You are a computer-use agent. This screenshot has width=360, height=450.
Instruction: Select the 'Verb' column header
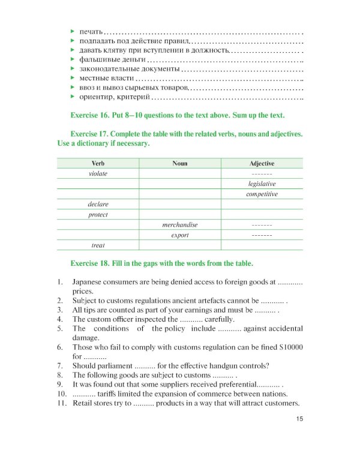tap(98, 163)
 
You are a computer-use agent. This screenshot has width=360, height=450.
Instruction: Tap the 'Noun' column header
tap(179, 163)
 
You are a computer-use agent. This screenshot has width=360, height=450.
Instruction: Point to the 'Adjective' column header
tap(262, 163)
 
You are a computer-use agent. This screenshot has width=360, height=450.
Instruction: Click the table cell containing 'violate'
tap(98, 173)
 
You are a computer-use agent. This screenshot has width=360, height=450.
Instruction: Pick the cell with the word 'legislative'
tap(262, 184)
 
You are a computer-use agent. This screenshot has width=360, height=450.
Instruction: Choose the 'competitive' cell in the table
tap(262, 194)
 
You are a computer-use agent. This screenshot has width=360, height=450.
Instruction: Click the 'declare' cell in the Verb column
tap(98, 204)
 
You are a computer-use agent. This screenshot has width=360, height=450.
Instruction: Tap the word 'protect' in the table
tap(98, 214)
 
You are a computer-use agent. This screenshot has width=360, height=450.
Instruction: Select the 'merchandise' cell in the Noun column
tap(179, 224)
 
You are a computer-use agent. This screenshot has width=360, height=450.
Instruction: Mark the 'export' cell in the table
tap(179, 235)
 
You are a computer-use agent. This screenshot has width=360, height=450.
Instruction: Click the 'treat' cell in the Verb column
tap(98, 245)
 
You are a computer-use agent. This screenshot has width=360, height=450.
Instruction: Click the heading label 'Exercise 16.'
tap(90, 115)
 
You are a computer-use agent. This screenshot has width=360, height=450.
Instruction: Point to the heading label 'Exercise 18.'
tap(90, 263)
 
